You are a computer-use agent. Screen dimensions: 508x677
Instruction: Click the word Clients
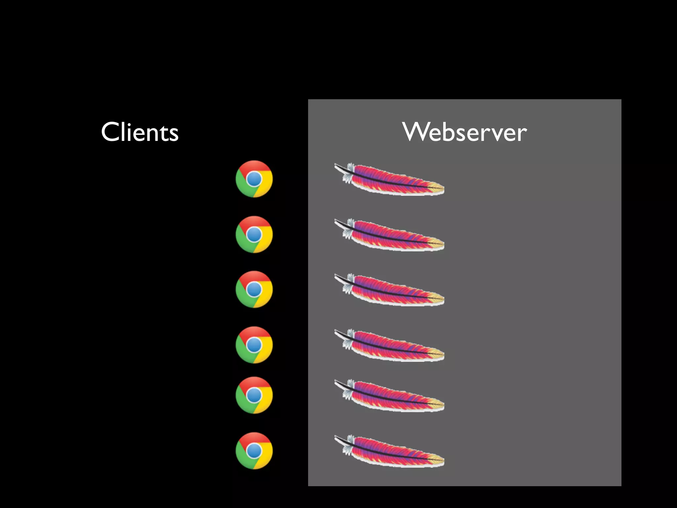click(140, 132)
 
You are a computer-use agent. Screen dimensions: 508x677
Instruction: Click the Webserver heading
click(464, 132)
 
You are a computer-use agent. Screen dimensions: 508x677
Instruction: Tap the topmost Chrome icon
click(254, 179)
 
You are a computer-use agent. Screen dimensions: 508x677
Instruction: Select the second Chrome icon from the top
click(254, 234)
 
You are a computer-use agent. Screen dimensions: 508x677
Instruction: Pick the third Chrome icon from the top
click(254, 289)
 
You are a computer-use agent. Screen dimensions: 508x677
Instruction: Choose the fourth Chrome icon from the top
click(254, 345)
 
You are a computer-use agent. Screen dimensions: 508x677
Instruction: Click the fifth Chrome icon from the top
click(254, 395)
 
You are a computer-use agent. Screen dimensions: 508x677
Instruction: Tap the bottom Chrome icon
click(254, 451)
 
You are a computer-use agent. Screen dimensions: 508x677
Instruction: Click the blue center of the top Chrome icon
click(254, 179)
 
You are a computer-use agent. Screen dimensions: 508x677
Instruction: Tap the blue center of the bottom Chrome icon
click(254, 451)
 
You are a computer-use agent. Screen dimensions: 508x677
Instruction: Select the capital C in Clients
click(110, 132)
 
